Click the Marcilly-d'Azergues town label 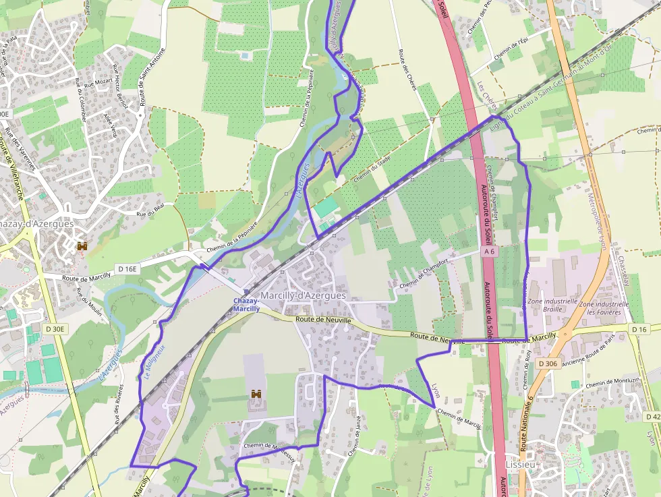pyautogui.click(x=303, y=295)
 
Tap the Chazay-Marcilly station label pyautogui.click(x=246, y=305)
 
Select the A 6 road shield pyautogui.click(x=489, y=251)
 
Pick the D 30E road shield pyautogui.click(x=57, y=329)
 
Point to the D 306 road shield pyautogui.click(x=548, y=363)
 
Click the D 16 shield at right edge pyautogui.click(x=639, y=328)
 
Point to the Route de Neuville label pyautogui.click(x=323, y=320)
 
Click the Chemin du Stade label pyautogui.click(x=372, y=167)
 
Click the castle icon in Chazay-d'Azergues pyautogui.click(x=83, y=247)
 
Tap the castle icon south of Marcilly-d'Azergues pyautogui.click(x=256, y=394)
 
